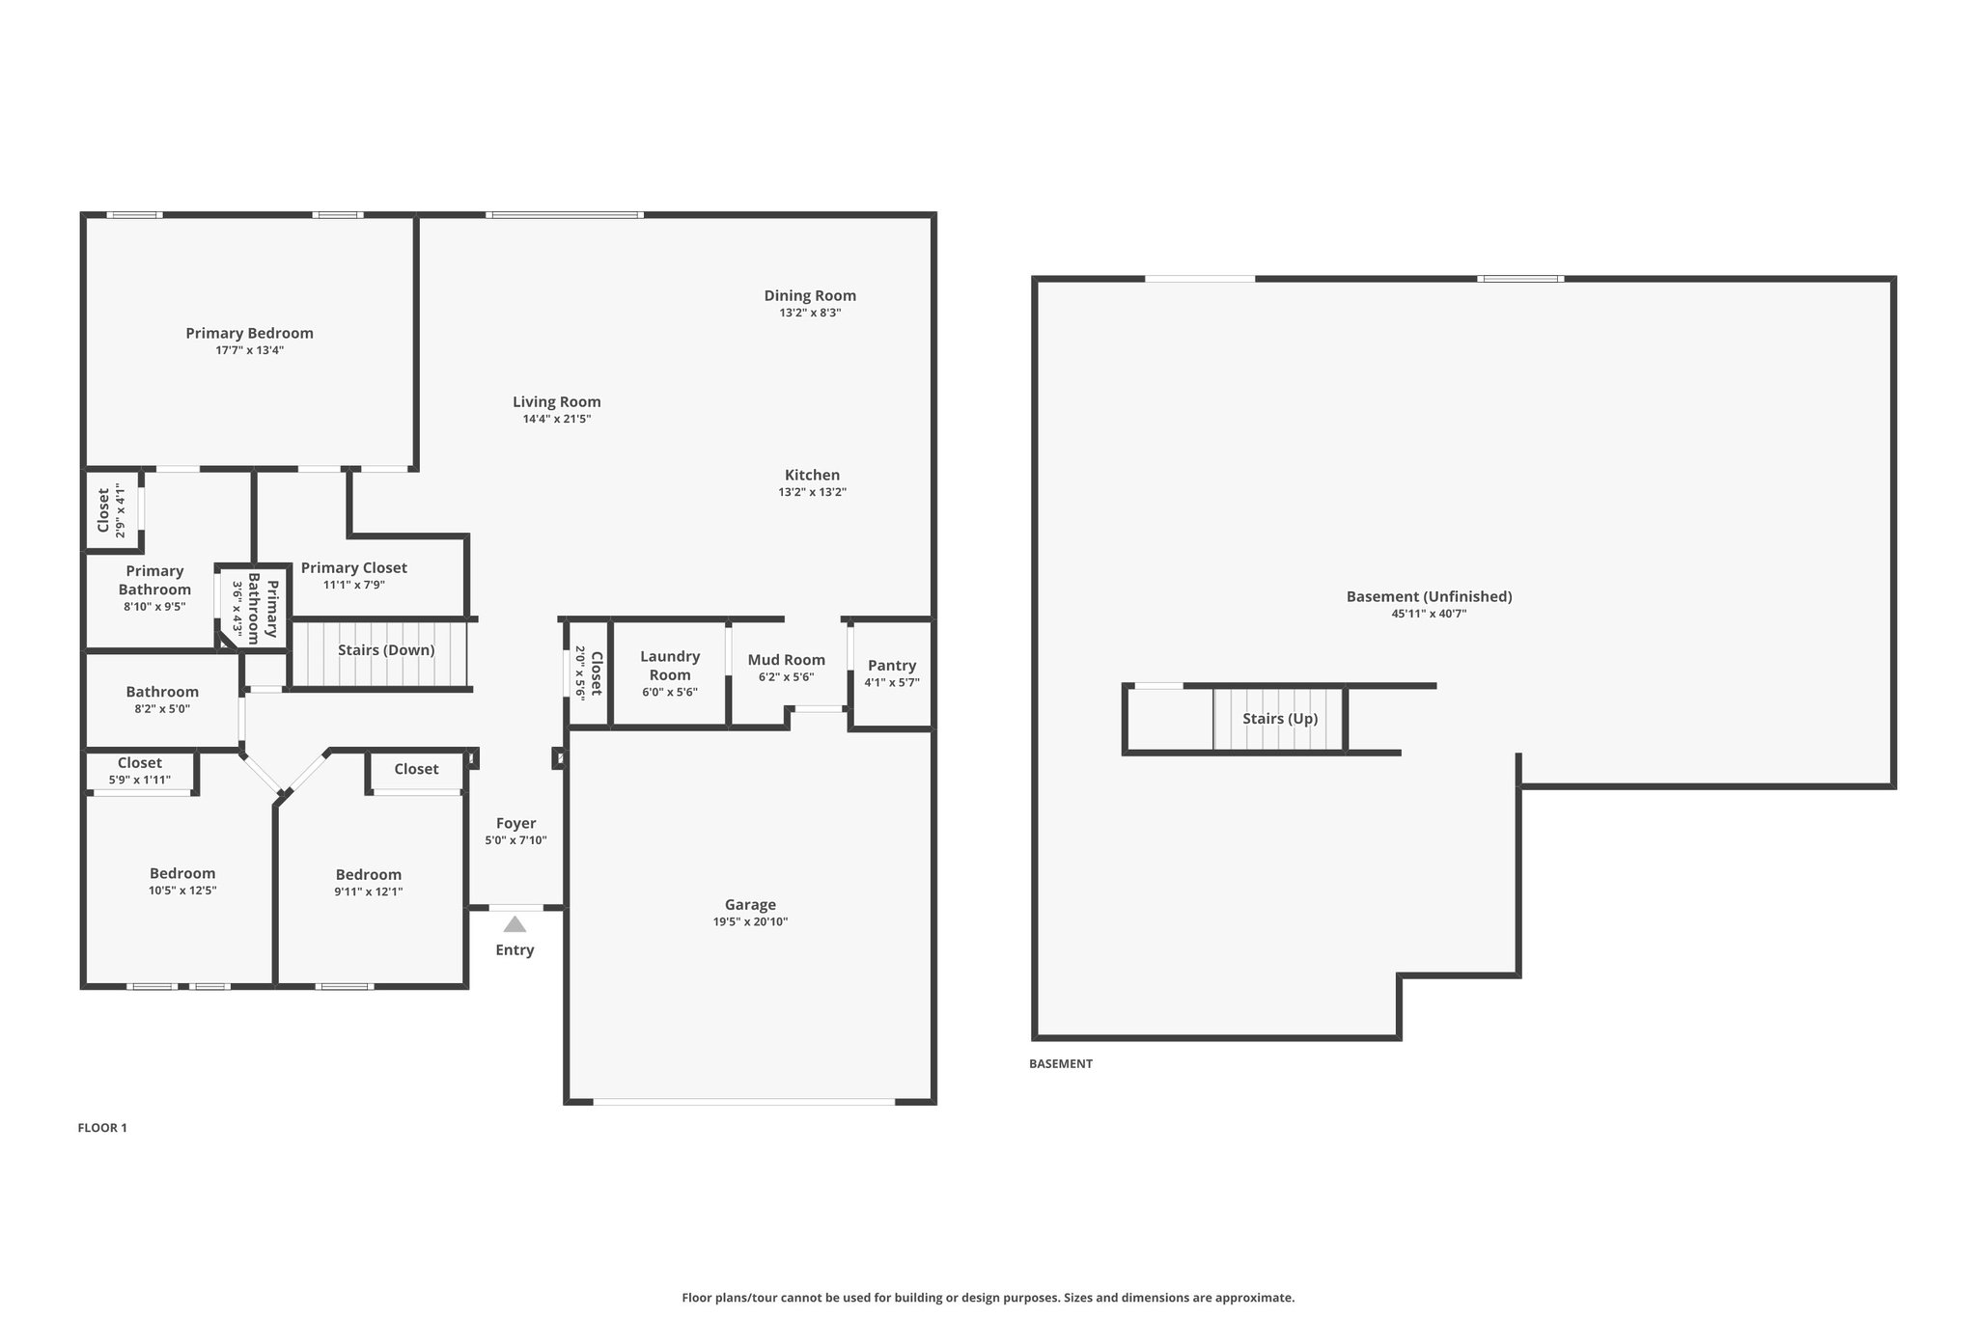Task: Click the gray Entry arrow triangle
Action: [x=515, y=924]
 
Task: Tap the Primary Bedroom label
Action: [x=250, y=333]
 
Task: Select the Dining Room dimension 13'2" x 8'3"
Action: [x=810, y=313]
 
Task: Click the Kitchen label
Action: [x=812, y=475]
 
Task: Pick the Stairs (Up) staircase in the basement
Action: [x=1279, y=719]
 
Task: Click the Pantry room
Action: [x=892, y=673]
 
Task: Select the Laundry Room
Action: [x=670, y=673]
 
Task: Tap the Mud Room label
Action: [x=787, y=660]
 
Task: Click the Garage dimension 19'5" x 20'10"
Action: [x=750, y=921]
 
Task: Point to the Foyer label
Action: [x=516, y=823]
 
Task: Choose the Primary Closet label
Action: [x=354, y=568]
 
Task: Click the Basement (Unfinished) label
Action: [x=1429, y=596]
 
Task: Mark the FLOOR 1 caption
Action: [x=102, y=1128]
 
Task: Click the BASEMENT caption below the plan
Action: [x=1061, y=1064]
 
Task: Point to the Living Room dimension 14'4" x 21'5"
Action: [x=557, y=419]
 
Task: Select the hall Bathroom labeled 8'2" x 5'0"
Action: [x=162, y=700]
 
